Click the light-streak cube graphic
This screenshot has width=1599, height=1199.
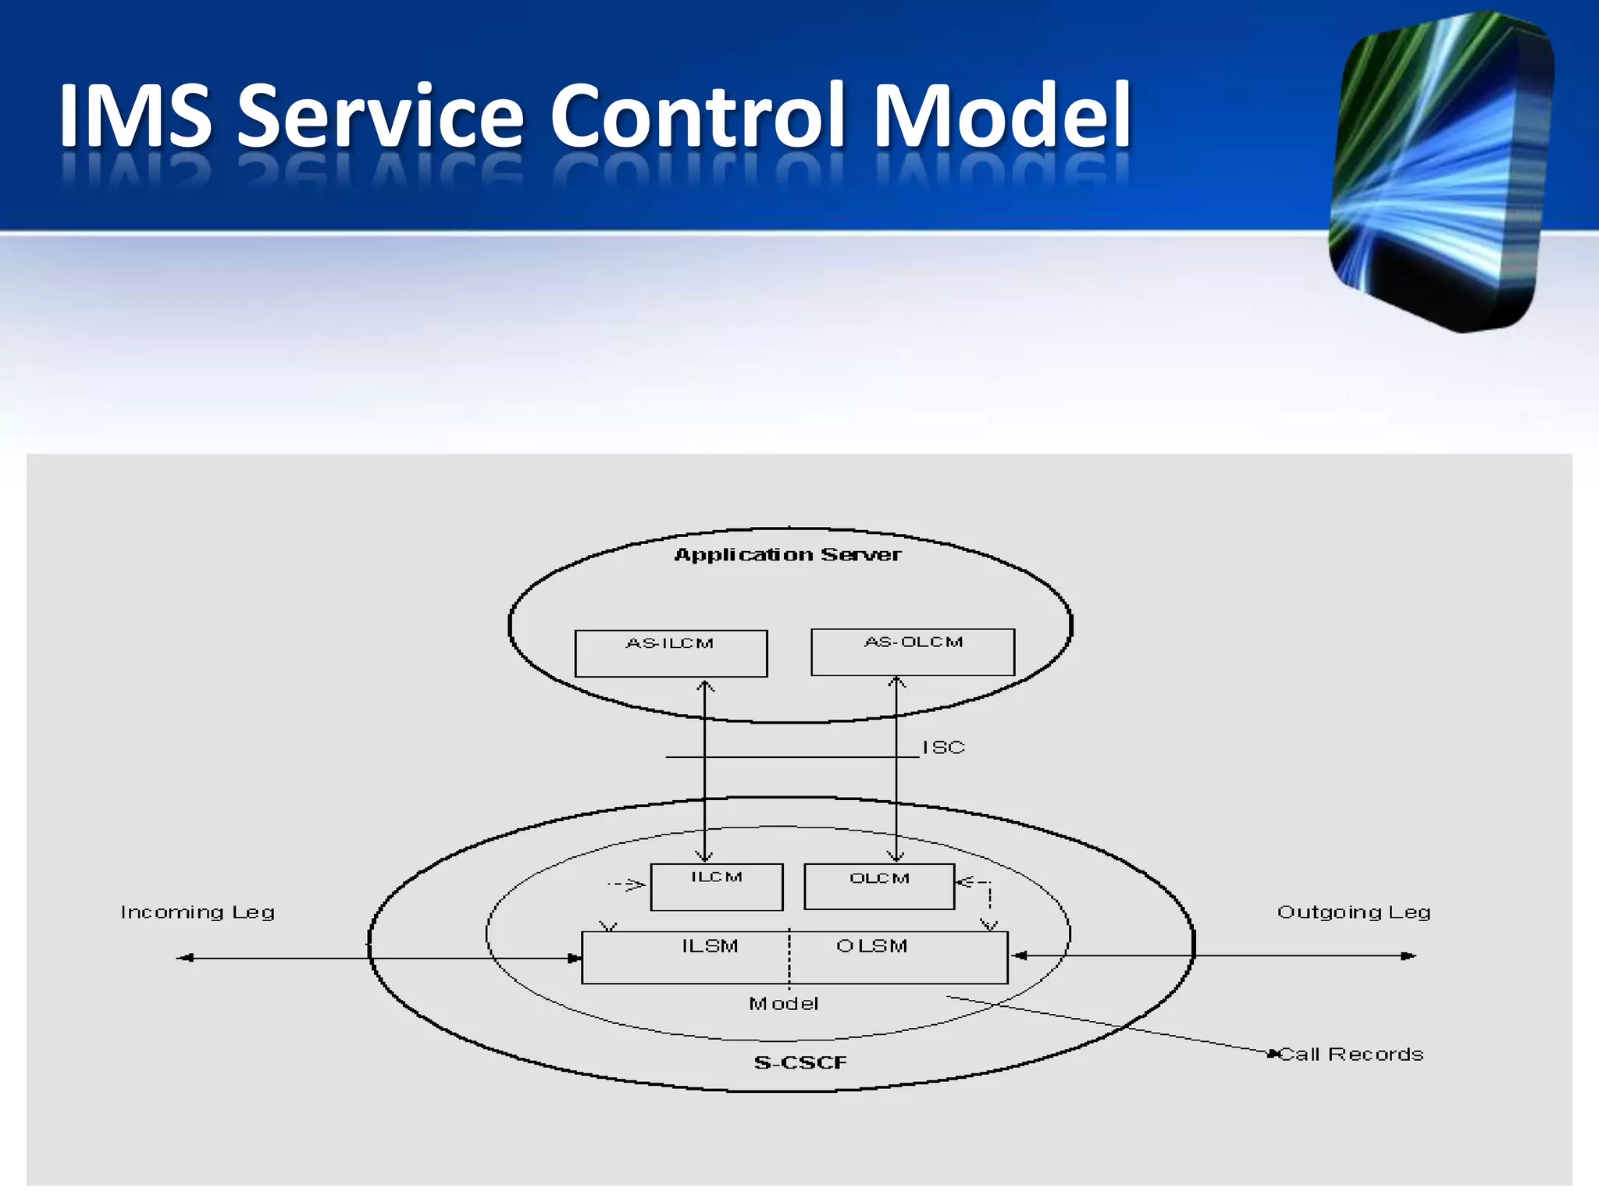[x=1441, y=172]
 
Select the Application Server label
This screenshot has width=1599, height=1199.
[x=787, y=554]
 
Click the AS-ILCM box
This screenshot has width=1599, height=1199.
[x=671, y=653]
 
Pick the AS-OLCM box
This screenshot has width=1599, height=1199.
[x=913, y=652]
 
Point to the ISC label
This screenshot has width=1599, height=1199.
[x=943, y=747]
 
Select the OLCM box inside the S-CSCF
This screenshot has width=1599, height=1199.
[x=879, y=886]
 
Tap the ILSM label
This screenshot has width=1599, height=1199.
[x=710, y=946]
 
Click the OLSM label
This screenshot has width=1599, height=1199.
[x=871, y=946]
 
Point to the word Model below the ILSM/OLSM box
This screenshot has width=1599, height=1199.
[x=783, y=1004]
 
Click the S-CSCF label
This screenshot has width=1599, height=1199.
[x=800, y=1062]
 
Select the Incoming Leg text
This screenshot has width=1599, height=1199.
[x=198, y=912]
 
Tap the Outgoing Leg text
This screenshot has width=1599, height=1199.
[x=1353, y=912]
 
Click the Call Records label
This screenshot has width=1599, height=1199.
[x=1351, y=1054]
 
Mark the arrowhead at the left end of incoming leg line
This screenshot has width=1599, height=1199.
[x=184, y=958]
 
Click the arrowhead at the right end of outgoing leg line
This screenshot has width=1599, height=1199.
[x=1408, y=955]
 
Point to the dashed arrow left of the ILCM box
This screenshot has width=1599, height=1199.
[x=627, y=884]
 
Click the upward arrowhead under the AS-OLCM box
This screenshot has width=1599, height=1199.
[x=897, y=683]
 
